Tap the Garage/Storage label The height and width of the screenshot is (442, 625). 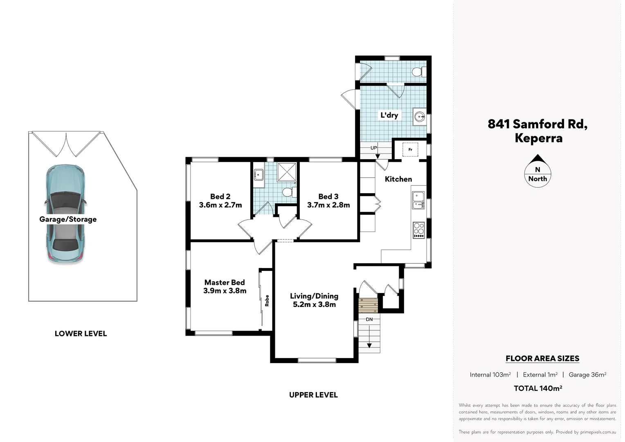click(68, 219)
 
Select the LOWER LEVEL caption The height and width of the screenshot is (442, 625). click(81, 334)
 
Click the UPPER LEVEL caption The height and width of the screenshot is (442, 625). click(313, 395)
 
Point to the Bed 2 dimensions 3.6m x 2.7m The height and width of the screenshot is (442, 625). click(220, 205)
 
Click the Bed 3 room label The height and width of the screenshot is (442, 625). click(328, 196)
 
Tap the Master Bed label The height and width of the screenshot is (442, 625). click(225, 282)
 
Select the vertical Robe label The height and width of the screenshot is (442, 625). click(267, 301)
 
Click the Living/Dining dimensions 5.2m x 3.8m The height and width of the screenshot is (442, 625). click(314, 304)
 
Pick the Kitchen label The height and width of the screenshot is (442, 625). click(398, 179)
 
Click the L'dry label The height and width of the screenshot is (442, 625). click(389, 115)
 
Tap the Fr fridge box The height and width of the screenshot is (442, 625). click(410, 150)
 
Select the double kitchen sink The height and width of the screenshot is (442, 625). click(418, 201)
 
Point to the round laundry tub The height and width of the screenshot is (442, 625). click(420, 117)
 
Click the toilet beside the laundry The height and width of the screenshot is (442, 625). click(418, 72)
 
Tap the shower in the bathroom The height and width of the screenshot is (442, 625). click(287, 172)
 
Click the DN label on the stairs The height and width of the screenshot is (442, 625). click(369, 319)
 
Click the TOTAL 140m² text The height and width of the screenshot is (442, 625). click(538, 388)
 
